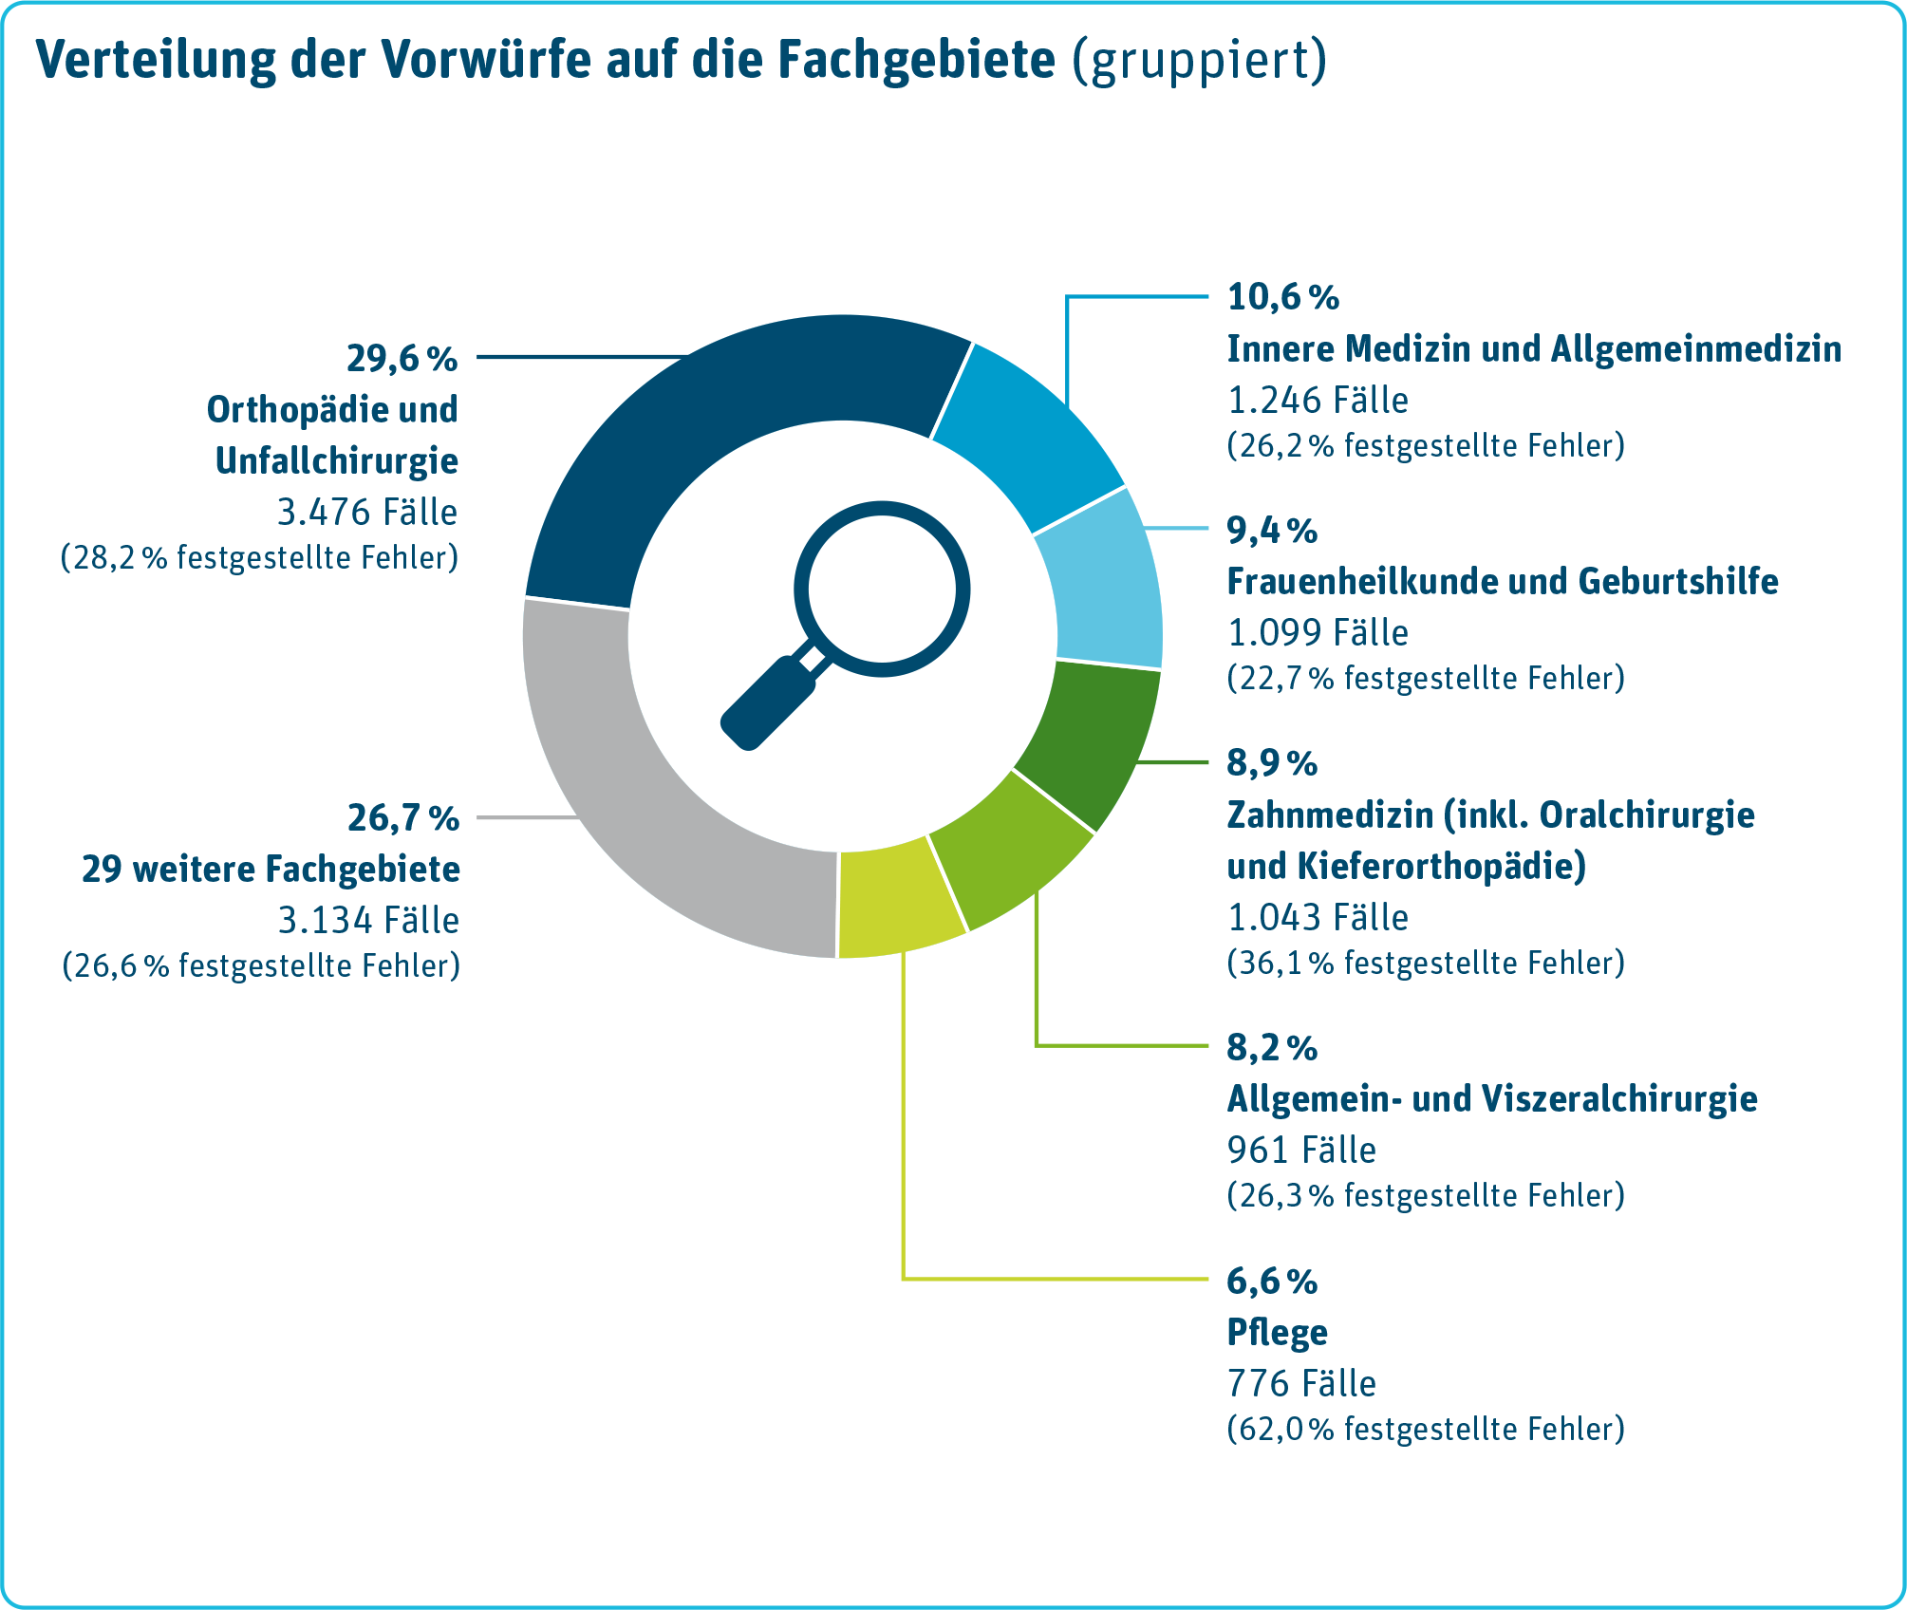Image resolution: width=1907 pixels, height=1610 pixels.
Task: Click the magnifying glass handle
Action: pos(769,702)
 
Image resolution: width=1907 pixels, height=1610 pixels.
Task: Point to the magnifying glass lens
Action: pos(882,590)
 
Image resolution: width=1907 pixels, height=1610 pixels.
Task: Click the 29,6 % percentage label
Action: pos(402,360)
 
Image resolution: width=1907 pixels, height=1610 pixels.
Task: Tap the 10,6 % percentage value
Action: pos(1283,297)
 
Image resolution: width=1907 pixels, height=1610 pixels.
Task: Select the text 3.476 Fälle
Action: pos(367,513)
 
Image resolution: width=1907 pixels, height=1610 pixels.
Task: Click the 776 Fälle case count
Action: pos(1301,1384)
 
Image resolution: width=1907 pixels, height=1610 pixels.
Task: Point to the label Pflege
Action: pos(1277,1333)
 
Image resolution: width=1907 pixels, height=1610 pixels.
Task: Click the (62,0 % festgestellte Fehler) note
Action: pos(1426,1430)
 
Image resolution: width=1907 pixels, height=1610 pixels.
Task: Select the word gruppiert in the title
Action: pos(1200,60)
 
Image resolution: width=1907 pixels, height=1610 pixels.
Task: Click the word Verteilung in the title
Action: pos(157,60)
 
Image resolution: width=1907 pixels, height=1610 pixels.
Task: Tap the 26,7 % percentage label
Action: pos(403,818)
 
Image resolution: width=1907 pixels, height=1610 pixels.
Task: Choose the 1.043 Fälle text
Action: pos(1318,918)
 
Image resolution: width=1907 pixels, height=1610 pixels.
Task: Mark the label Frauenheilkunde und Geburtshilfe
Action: pos(1503,582)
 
